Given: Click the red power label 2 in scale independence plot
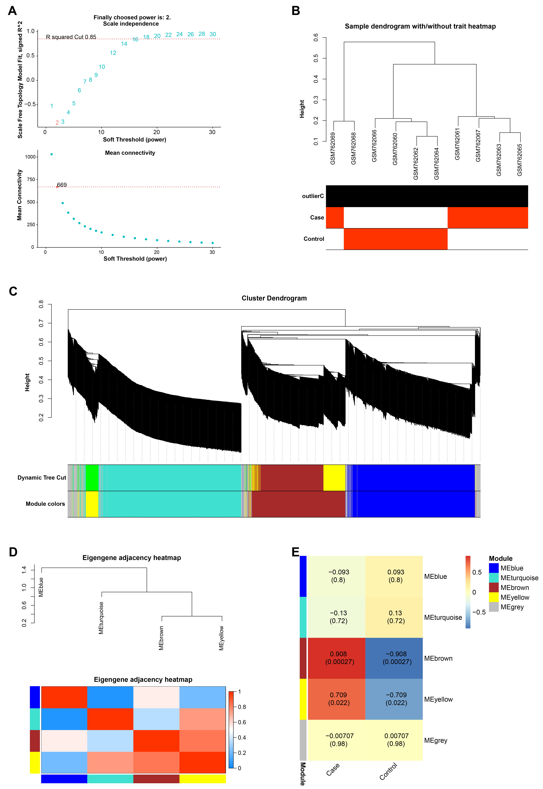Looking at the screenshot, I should [57, 123].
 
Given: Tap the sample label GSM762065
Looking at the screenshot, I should [520, 160].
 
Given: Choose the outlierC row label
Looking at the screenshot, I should [313, 196].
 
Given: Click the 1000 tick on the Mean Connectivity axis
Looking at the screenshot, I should [30, 157].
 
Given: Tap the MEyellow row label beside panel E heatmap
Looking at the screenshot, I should [438, 699].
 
